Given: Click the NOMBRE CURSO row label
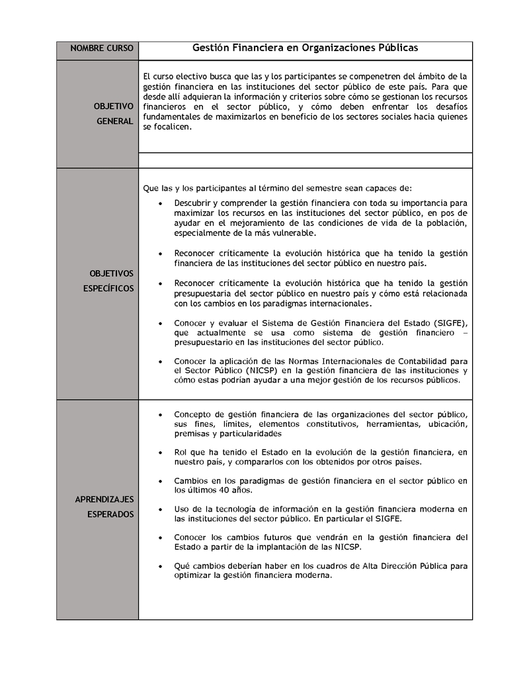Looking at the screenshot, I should [x=101, y=49].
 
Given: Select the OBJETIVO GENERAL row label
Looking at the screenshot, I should [x=113, y=114].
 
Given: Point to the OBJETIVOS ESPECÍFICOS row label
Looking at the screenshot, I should [x=111, y=281].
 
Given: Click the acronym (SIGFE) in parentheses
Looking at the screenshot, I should [x=450, y=322].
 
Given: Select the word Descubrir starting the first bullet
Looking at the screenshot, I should [x=194, y=202].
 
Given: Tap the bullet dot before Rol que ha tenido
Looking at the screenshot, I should [x=161, y=453].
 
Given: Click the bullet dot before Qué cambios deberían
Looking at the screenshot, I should [x=161, y=567].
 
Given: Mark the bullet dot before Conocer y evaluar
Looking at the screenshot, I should [x=161, y=323].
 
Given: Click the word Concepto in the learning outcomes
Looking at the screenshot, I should [x=193, y=414].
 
